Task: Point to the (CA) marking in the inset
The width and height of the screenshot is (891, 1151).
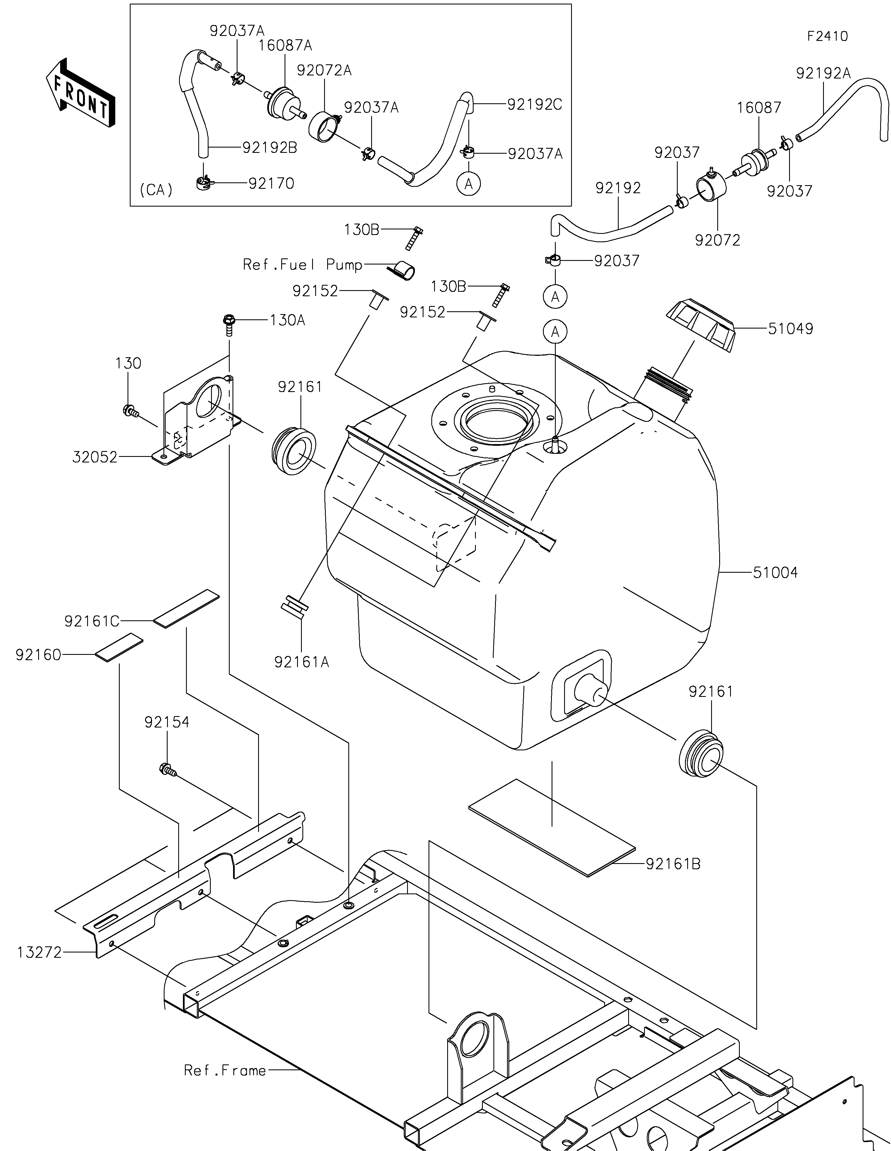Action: point(156,190)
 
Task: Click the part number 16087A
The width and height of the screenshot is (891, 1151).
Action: point(285,46)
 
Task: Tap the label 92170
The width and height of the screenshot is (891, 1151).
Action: point(271,183)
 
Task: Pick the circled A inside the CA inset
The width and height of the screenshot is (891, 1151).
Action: point(468,184)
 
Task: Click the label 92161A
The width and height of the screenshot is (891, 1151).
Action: point(301,662)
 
